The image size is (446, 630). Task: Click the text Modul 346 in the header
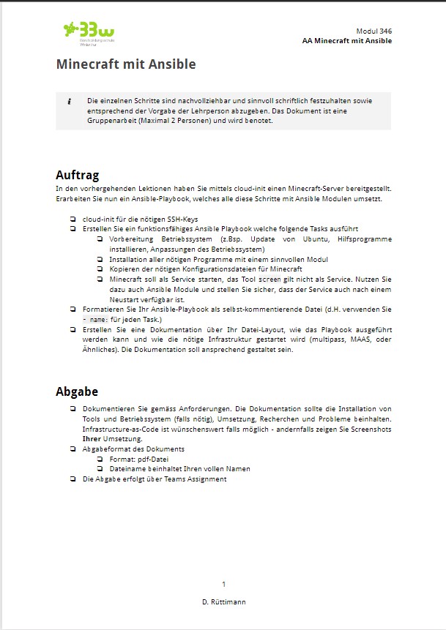(373, 31)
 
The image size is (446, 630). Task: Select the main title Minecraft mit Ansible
(126, 64)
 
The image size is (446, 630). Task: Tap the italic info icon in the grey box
(69, 100)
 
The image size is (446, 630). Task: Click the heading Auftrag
(77, 175)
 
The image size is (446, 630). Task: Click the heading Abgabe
(77, 391)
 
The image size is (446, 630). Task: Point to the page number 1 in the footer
(223, 583)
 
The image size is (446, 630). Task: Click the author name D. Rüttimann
(223, 601)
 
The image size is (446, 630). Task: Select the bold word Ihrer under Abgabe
(92, 438)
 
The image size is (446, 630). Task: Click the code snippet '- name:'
(95, 320)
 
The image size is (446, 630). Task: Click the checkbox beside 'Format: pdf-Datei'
(100, 459)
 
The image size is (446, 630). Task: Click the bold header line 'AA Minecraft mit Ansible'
(346, 41)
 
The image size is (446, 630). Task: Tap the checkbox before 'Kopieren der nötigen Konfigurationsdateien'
(100, 269)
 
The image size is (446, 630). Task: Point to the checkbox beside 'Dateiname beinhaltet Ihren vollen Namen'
(100, 469)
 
